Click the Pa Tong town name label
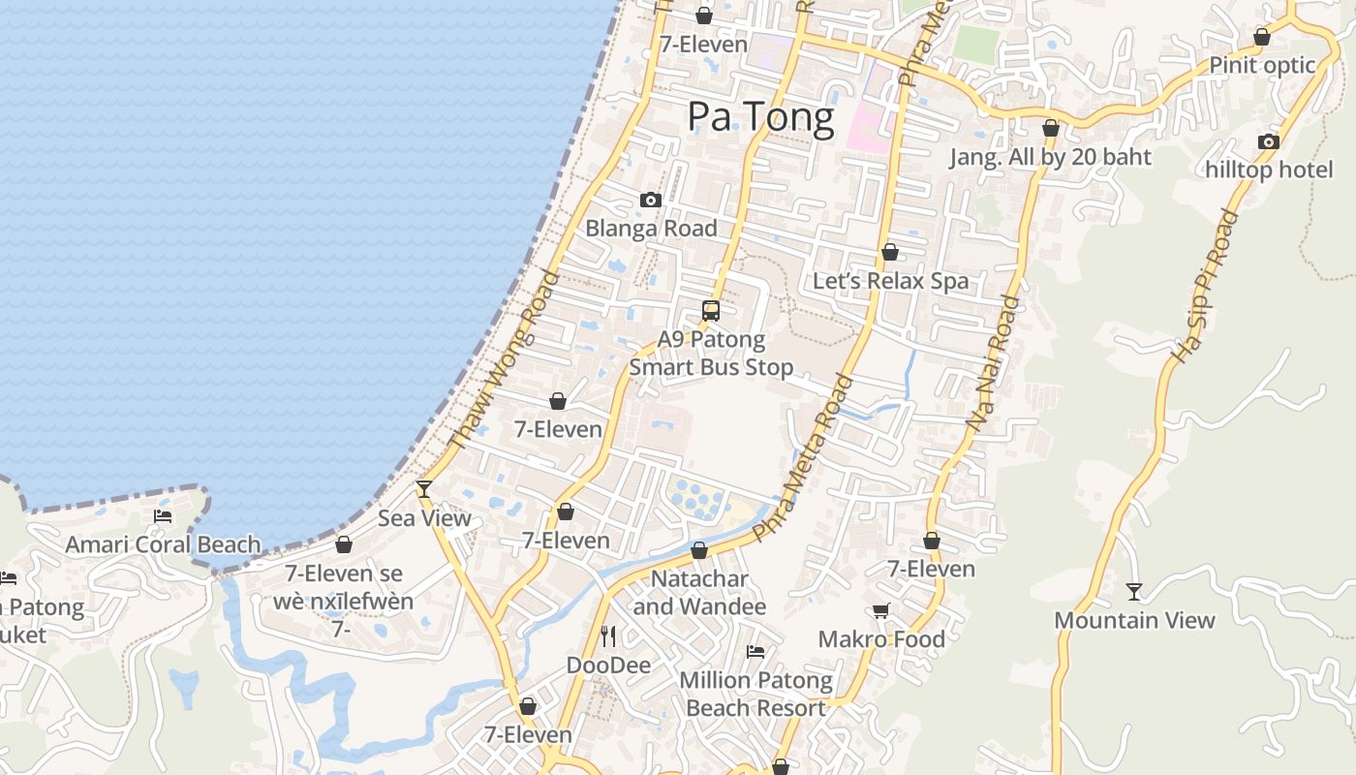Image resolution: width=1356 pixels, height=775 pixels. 760,117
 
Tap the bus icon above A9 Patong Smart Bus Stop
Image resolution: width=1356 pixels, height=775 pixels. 711,311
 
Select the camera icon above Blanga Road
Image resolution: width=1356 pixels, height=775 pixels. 651,201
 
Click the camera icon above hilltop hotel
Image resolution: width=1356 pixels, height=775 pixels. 1269,141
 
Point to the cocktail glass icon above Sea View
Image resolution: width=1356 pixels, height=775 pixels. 423,489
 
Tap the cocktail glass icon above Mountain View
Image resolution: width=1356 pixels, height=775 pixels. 1134,591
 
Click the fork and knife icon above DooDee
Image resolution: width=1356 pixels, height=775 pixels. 608,635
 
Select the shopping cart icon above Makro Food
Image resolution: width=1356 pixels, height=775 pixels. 880,610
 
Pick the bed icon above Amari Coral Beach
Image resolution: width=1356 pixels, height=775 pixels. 163,515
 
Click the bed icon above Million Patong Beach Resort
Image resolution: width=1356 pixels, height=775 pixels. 755,651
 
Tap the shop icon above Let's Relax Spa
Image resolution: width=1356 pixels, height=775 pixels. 890,253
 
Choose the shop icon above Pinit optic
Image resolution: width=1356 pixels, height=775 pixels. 1262,38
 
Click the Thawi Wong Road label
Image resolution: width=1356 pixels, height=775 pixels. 505,360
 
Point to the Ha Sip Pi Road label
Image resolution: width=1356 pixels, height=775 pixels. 1205,287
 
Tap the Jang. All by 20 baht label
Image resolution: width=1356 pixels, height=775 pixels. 1050,157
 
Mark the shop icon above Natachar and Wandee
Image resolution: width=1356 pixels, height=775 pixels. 699,551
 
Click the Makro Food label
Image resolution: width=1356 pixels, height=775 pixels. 881,639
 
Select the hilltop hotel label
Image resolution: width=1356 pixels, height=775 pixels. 1269,170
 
